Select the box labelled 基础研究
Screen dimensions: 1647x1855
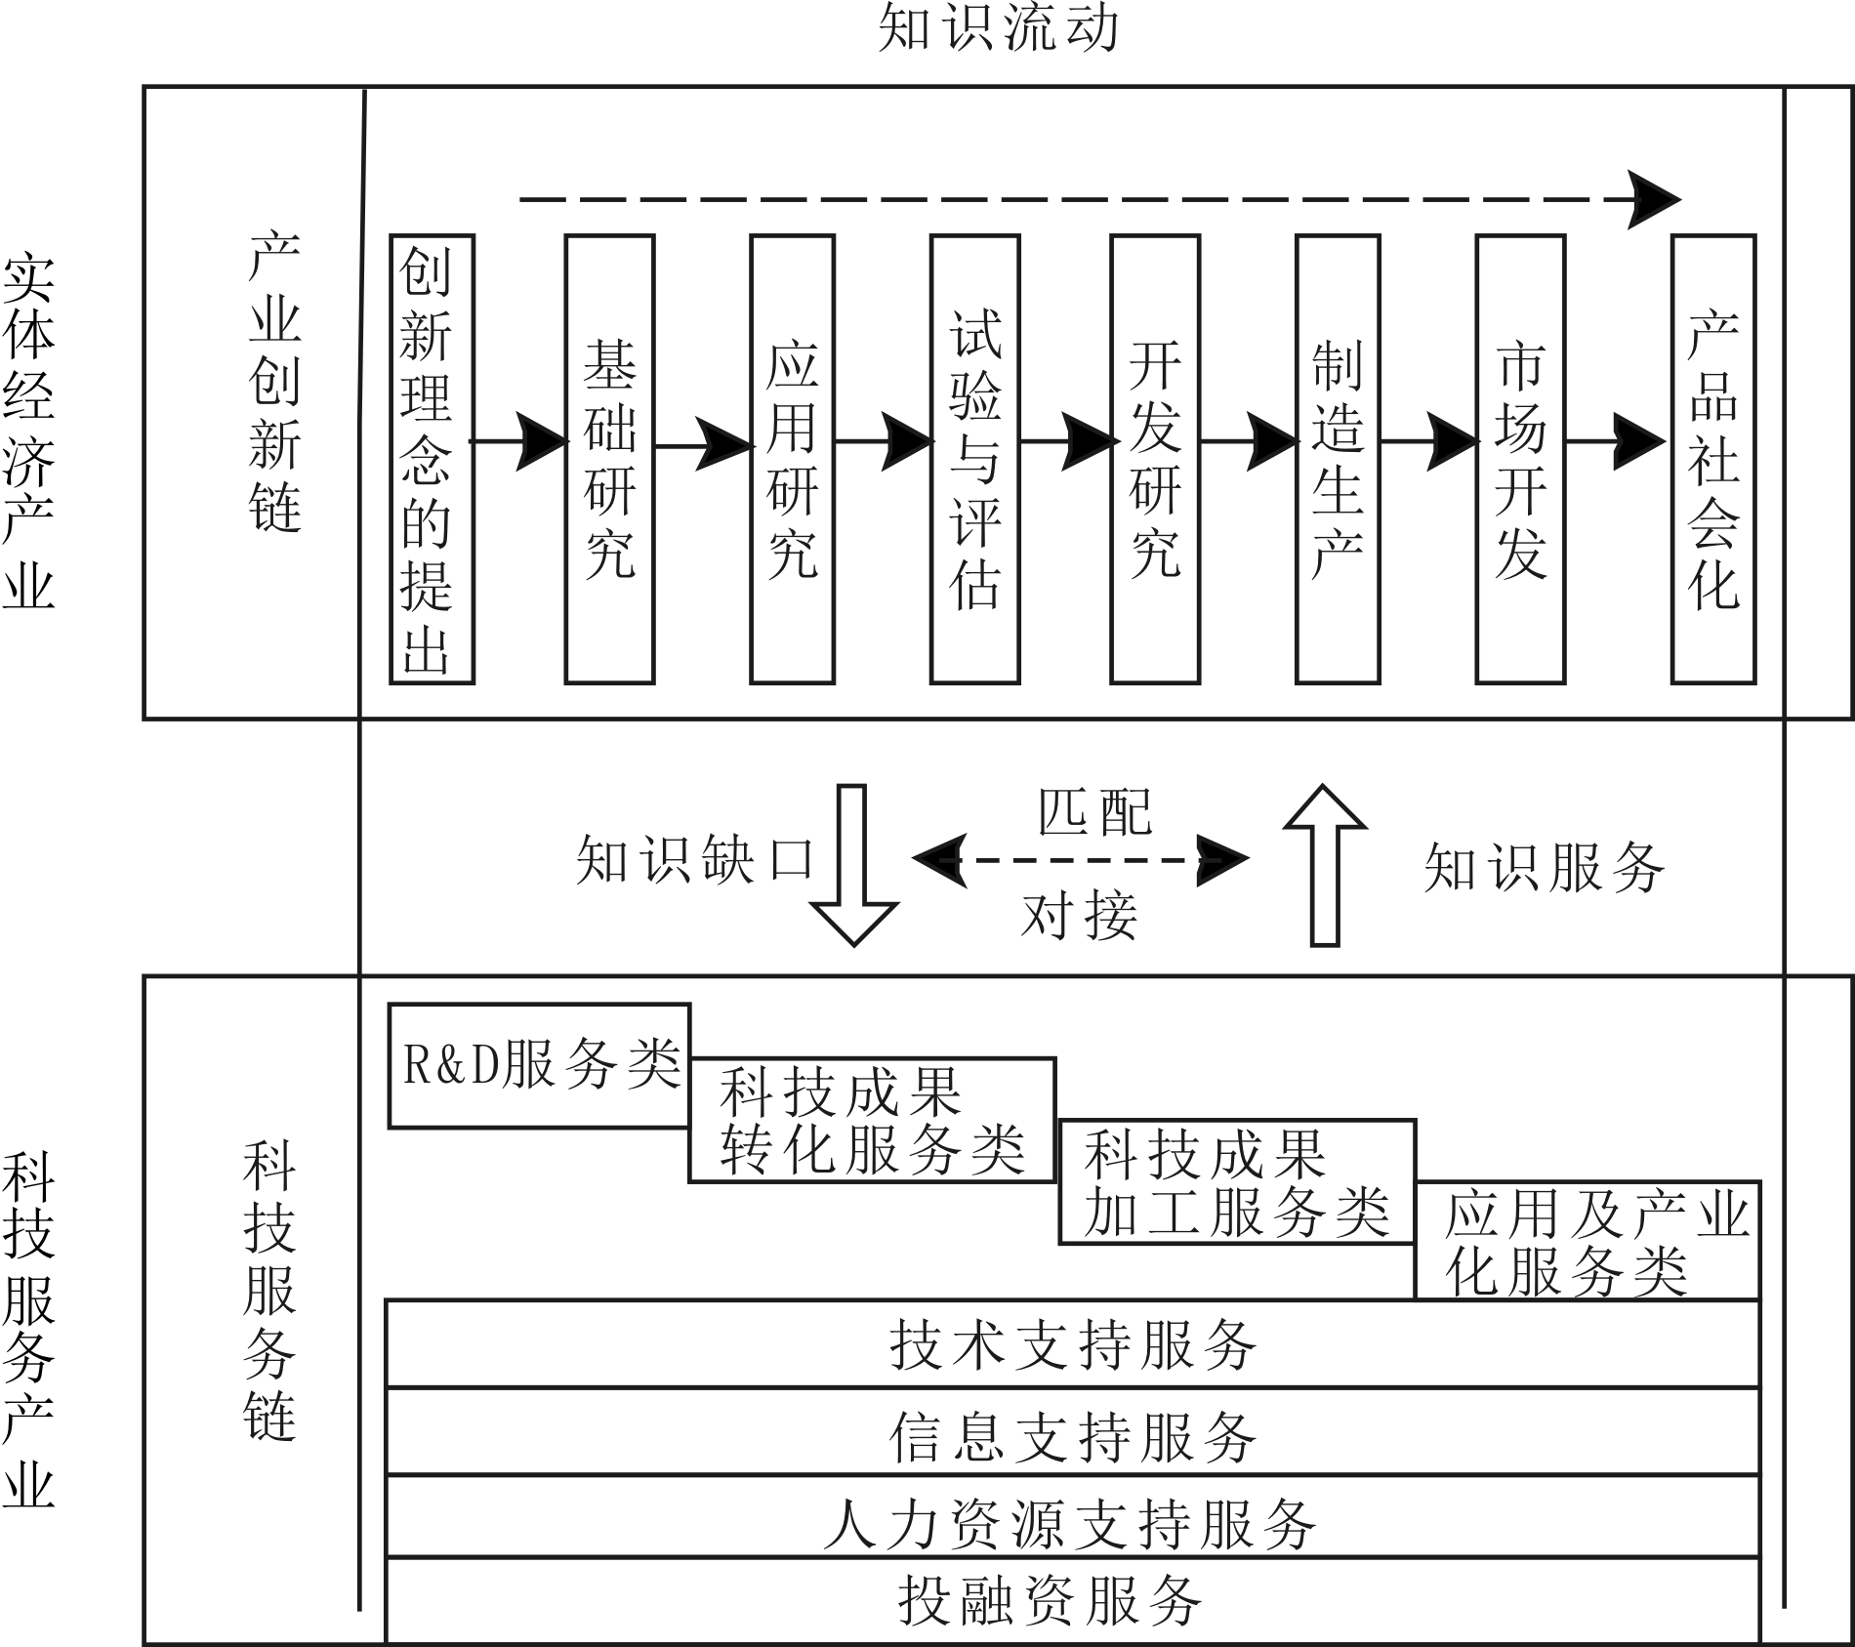[x=609, y=459]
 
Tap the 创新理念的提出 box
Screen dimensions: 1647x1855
[x=432, y=459]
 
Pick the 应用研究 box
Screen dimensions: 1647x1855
[x=792, y=459]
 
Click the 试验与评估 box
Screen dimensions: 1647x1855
[x=974, y=459]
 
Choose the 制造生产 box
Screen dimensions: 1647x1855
[x=1337, y=459]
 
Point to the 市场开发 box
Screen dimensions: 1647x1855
[x=1519, y=459]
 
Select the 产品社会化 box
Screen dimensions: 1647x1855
[x=1712, y=459]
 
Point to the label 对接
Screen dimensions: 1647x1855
[x=1080, y=916]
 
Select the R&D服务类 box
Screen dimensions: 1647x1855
[x=539, y=1065]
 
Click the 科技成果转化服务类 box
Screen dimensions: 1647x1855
[x=872, y=1120]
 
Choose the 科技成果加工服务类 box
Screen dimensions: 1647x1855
[x=1236, y=1181]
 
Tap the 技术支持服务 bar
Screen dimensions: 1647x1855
[x=1072, y=1344]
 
